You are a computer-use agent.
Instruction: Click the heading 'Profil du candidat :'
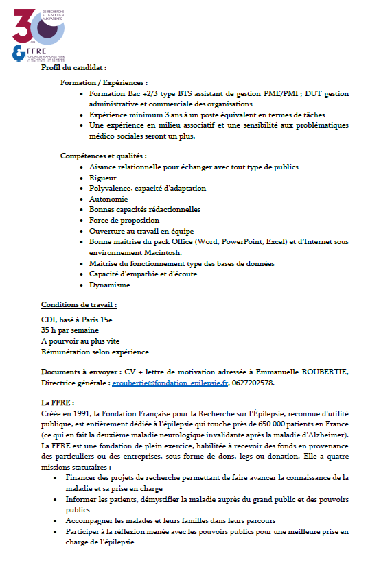point(73,68)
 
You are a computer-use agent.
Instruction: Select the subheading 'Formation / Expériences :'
point(104,82)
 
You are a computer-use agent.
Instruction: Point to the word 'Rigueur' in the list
point(103,178)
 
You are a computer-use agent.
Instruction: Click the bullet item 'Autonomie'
point(108,199)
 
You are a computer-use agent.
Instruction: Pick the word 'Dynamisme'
point(110,285)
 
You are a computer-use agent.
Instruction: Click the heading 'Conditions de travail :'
point(78,304)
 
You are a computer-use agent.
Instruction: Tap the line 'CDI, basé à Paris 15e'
point(77,319)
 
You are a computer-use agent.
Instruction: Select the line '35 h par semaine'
point(70,330)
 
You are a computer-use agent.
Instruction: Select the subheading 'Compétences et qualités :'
point(103,156)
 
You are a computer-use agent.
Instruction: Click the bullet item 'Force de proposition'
point(124,220)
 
